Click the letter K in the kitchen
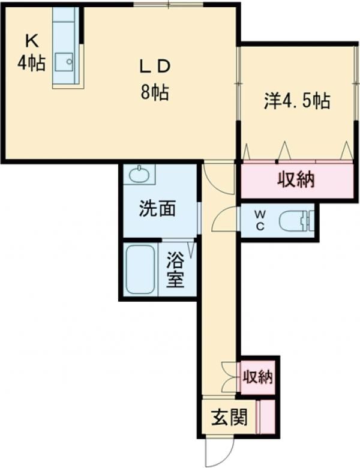coord(31,41)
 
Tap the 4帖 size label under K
coord(31,62)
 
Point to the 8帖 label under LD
coord(155,93)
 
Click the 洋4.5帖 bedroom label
coord(297,101)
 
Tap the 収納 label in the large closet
coord(296,179)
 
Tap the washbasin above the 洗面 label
coord(139,175)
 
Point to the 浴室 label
coord(175,270)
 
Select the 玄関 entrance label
coord(229,416)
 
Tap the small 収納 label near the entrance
coord(258,377)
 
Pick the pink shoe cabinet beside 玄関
coord(265,416)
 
